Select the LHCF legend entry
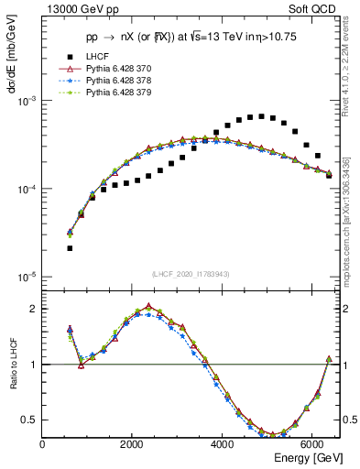(99, 57)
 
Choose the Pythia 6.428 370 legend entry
(120, 69)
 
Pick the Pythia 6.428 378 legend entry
(120, 81)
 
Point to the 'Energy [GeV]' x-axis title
(303, 457)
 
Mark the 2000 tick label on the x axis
(132, 444)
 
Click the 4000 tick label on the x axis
(222, 444)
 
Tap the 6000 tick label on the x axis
(311, 444)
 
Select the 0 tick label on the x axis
(43, 444)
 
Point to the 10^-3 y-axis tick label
(27, 101)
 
